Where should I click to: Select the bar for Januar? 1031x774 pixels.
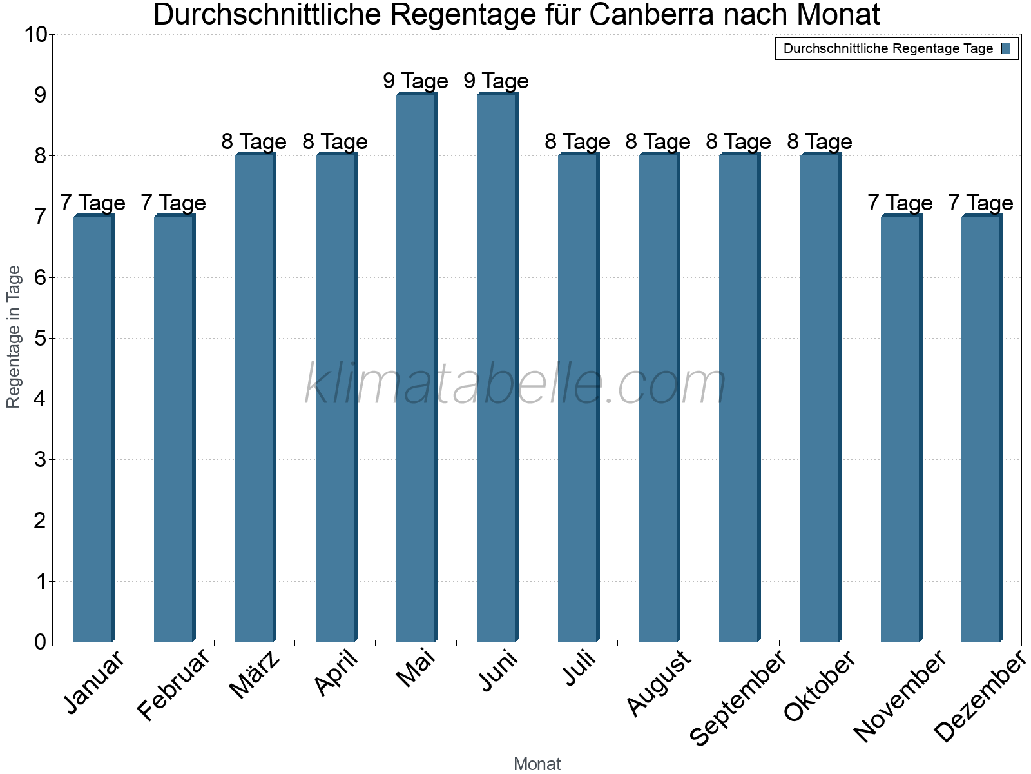coord(93,428)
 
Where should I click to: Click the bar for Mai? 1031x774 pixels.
coord(416,368)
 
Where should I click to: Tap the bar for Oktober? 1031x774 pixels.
coord(820,398)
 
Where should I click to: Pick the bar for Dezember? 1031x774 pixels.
coord(981,428)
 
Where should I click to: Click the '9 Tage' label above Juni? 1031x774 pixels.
coord(496,81)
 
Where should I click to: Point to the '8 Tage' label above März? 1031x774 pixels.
coord(254,142)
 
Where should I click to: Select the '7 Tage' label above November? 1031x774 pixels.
coord(900,203)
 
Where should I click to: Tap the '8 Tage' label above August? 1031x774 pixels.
coord(658,142)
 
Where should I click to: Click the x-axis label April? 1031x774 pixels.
coord(336,674)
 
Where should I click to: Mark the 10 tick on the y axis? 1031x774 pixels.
coord(35,35)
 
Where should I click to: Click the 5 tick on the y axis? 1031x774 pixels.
coord(40,339)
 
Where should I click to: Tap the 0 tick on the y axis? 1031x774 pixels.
coord(40,642)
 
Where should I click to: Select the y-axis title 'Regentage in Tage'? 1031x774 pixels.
coord(14,337)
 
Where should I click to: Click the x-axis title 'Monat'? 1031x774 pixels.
coord(537,764)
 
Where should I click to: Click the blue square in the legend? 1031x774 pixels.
coord(1006,48)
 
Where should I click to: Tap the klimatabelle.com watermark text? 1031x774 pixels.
coord(515,384)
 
